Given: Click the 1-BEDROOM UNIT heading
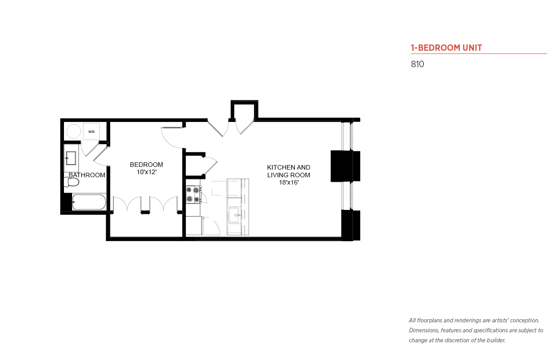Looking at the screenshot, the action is click(446, 48).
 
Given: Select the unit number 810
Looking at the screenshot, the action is click(417, 64).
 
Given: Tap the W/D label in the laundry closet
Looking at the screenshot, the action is click(91, 132).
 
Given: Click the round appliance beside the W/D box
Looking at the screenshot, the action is click(73, 131).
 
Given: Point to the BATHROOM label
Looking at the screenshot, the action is click(87, 175).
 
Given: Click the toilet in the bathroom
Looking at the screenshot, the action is click(71, 182).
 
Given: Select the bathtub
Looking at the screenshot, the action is click(89, 202).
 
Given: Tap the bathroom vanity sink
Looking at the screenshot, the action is click(71, 158).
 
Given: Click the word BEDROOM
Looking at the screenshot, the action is click(147, 165).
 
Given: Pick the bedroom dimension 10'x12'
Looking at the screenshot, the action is click(147, 172).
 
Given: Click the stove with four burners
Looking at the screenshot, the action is click(194, 195).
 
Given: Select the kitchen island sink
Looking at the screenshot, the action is click(234, 215).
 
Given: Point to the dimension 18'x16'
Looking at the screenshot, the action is click(288, 182).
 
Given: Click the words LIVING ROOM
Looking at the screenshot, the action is click(288, 175).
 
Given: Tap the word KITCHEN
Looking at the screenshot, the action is click(278, 167).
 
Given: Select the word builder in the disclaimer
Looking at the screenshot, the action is click(496, 341).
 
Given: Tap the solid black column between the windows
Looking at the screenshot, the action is click(345, 166).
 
